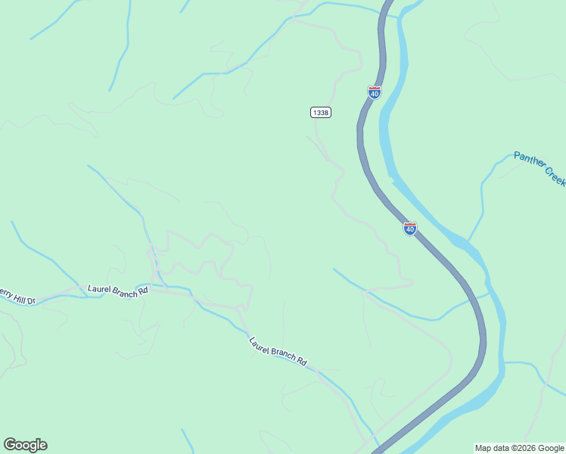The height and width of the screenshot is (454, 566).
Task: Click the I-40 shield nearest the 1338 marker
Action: [375, 92]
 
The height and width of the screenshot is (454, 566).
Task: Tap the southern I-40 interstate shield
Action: [409, 229]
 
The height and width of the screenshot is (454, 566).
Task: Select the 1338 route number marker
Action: [320, 113]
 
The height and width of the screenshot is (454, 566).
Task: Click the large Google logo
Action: [25, 445]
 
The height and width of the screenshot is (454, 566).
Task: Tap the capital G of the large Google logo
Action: [10, 445]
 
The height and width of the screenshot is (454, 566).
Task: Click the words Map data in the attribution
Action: [492, 448]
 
